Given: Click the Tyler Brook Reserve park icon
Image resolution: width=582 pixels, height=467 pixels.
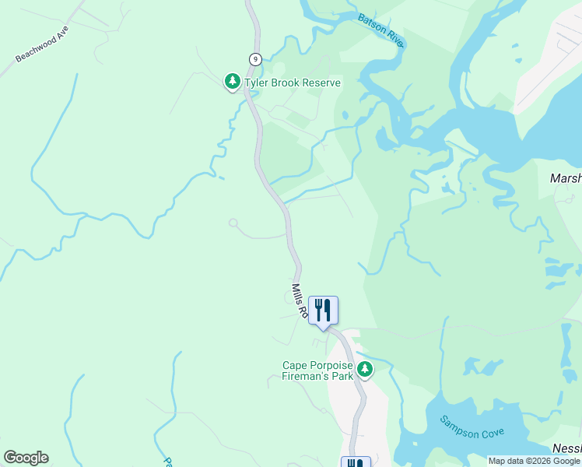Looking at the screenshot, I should click(x=232, y=81).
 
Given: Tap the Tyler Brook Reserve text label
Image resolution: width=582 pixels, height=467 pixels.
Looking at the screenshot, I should click(x=293, y=83).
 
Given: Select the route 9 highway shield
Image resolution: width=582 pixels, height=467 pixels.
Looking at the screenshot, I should click(x=254, y=58).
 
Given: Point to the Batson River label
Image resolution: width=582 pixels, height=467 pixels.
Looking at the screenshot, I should click(x=380, y=30).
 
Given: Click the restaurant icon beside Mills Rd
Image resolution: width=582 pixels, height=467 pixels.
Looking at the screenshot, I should click(x=322, y=310).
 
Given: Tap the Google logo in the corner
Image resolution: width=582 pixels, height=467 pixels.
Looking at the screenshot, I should click(x=26, y=457).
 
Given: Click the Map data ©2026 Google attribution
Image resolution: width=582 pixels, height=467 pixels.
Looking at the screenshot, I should click(x=534, y=461).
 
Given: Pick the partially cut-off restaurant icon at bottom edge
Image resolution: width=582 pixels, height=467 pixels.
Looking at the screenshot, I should click(x=356, y=462).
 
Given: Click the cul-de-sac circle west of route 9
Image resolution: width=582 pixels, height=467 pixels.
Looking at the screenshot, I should click(x=233, y=223).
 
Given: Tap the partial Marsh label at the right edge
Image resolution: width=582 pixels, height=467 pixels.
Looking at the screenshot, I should click(x=566, y=177).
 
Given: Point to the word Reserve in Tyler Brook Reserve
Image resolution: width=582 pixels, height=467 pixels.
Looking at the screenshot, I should click(x=318, y=83).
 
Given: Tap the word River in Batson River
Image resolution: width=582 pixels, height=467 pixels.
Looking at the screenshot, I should click(x=391, y=37).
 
